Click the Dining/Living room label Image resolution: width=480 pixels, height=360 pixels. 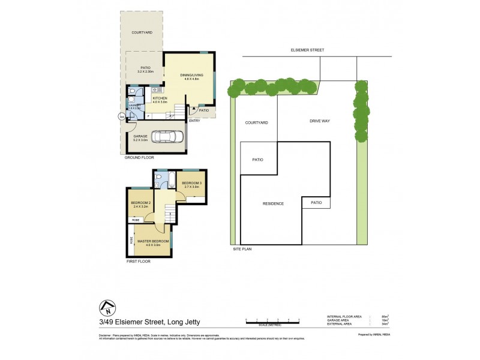pos(191,77)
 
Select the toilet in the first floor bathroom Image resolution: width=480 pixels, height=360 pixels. pos(157,178)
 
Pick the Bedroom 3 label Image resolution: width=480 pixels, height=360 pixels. pos(192,184)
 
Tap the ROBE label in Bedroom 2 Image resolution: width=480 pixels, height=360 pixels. pos(136,220)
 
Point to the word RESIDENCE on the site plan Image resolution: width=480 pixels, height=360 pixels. pos(273,203)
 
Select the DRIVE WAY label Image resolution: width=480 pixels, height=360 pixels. pos(320,121)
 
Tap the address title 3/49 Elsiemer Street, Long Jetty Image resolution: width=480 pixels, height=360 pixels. pos(150,322)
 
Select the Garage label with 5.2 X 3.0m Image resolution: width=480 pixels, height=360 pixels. pos(136,138)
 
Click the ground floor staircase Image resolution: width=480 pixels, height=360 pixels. pos(178,111)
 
